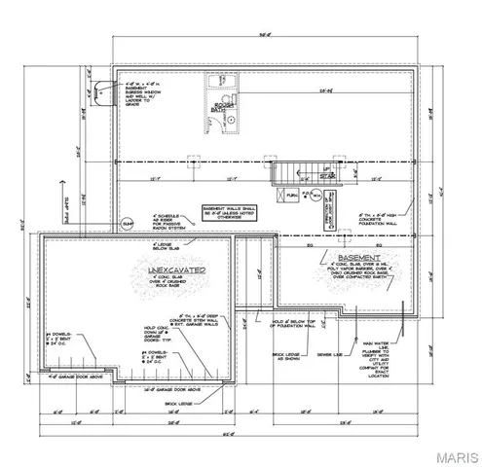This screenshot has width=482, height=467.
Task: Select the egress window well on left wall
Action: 97,88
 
